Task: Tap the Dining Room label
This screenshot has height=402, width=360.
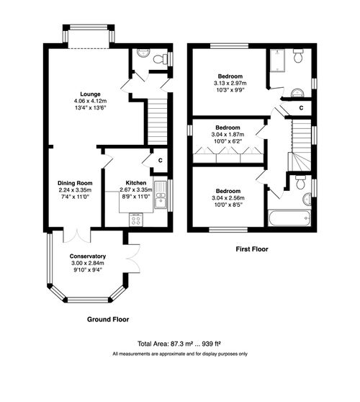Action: pyautogui.click(x=76, y=183)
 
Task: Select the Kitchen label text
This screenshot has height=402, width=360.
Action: pyautogui.click(x=135, y=183)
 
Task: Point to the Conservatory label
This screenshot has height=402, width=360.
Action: pyautogui.click(x=88, y=256)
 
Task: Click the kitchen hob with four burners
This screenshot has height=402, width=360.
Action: pyautogui.click(x=135, y=220)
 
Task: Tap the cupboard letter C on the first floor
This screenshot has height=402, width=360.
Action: pyautogui.click(x=301, y=108)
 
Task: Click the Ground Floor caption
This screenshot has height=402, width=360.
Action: pyautogui.click(x=108, y=318)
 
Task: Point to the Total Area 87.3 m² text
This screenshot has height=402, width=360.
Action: pyautogui.click(x=179, y=344)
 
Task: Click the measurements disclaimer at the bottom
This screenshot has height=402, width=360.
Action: pyautogui.click(x=179, y=354)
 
